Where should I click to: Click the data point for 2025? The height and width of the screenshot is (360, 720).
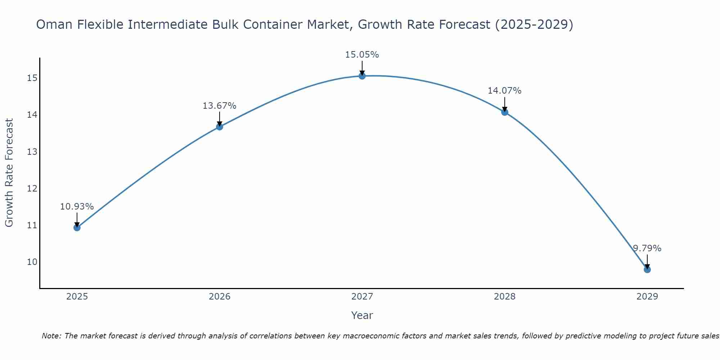77,228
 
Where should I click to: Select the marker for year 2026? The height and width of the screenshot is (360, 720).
220,127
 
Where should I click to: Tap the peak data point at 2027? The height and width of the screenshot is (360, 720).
362,76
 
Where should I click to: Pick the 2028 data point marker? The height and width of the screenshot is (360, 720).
505,112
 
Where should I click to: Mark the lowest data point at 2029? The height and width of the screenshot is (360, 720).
647,270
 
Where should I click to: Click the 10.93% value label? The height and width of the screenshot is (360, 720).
77,207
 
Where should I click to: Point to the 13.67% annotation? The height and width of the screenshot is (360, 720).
220,106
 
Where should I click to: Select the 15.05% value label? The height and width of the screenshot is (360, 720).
362,55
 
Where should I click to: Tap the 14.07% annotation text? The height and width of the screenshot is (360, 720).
505,91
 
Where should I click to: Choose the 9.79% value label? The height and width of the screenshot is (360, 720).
647,248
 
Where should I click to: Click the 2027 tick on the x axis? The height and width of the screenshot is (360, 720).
362,297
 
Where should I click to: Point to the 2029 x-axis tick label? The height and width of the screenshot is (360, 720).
647,297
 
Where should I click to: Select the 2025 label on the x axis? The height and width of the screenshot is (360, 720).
77,297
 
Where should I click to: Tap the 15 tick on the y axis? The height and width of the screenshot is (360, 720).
32,78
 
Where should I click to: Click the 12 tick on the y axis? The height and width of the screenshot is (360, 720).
32,188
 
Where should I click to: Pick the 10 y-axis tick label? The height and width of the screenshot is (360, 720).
32,262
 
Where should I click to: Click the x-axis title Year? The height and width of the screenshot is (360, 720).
362,315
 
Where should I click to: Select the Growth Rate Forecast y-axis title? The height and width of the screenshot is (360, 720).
9,173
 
